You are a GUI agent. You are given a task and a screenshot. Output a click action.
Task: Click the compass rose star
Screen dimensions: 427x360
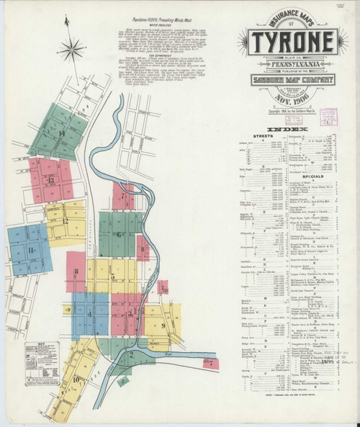click(71, 50)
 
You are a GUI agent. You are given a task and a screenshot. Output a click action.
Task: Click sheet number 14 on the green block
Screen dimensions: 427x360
click(62, 134)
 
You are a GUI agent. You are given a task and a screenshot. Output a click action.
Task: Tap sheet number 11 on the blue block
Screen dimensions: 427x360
click(31, 250)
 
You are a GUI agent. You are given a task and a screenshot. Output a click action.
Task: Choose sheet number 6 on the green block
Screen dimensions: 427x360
click(119, 235)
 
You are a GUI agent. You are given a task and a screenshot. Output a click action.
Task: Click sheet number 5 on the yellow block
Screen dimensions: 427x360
click(113, 277)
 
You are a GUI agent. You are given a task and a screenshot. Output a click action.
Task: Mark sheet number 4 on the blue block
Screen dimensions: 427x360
click(89, 315)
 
